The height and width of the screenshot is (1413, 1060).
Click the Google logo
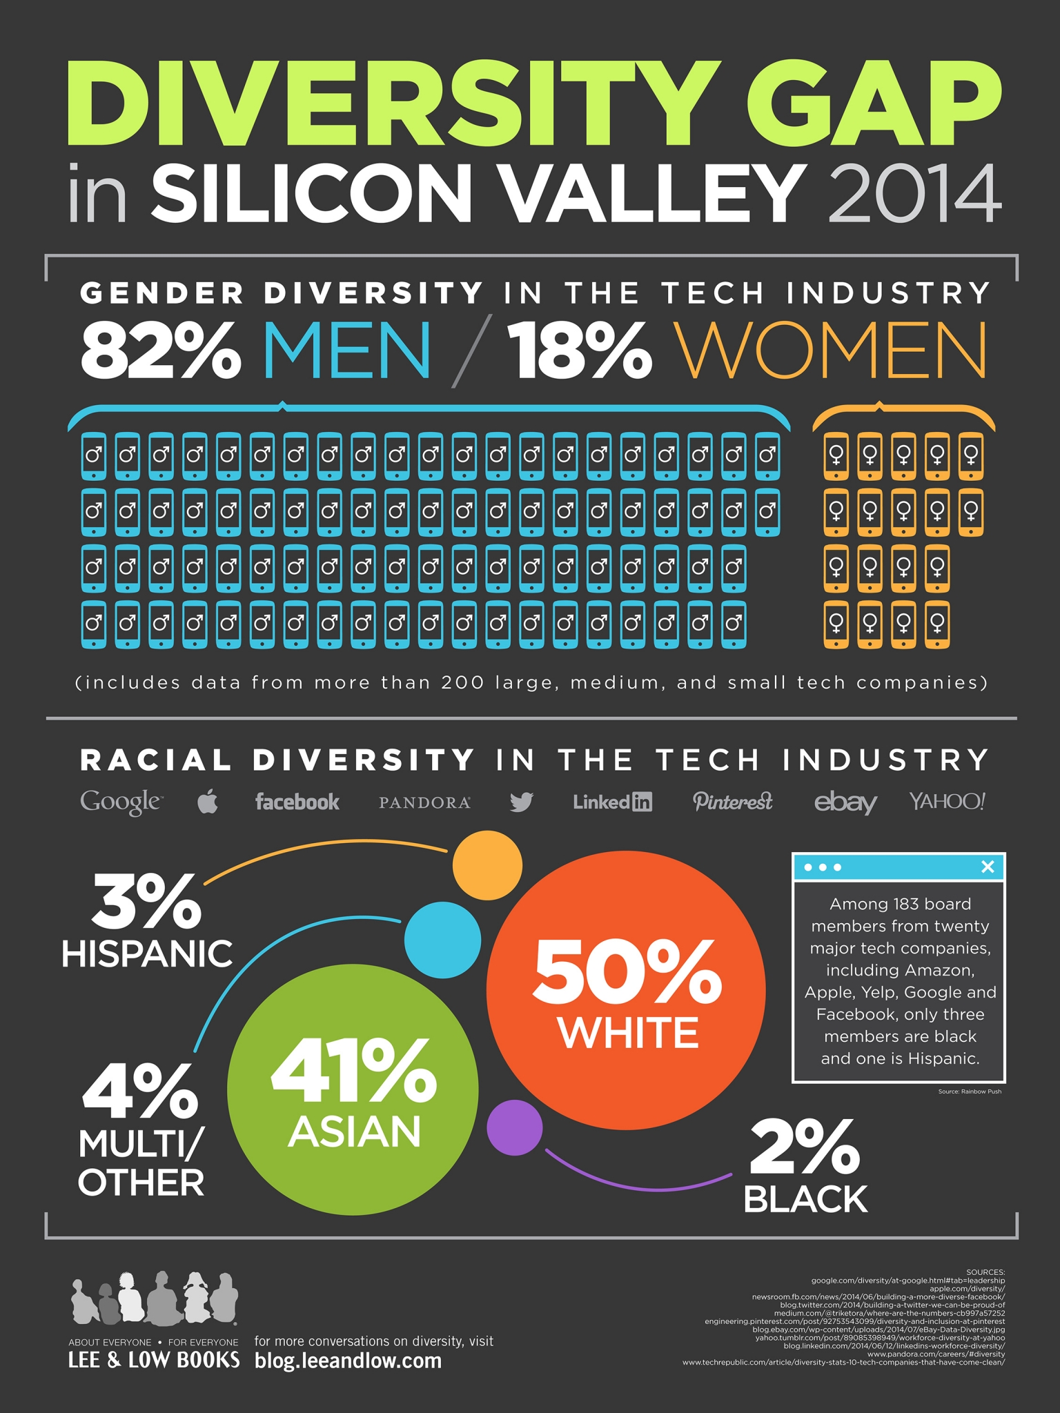(121, 802)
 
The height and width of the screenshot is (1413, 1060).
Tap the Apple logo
(208, 802)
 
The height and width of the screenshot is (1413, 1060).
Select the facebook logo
(297, 802)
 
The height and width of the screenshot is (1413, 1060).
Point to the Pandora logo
(424, 802)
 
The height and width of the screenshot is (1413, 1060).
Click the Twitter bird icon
(521, 802)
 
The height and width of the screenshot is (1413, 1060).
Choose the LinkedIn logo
(612, 802)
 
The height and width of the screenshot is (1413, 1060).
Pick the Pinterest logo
(732, 801)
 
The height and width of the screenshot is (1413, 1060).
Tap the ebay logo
(845, 802)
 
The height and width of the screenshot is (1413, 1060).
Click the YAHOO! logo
(947, 801)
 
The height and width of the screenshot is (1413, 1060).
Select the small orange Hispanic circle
(487, 865)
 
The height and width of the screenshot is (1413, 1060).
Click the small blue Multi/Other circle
(442, 940)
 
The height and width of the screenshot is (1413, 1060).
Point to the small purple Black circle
(515, 1127)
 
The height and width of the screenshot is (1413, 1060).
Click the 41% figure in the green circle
(353, 1072)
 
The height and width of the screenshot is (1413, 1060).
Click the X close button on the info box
(988, 867)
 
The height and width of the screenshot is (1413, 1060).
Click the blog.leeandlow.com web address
(348, 1361)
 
